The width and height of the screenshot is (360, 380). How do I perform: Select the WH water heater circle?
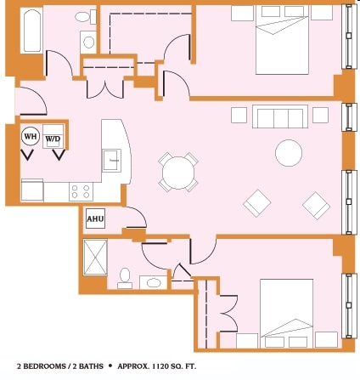click(x=30, y=136)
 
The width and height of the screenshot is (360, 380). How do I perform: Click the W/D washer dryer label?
click(x=53, y=139)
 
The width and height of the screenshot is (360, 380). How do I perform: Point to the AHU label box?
click(x=94, y=218)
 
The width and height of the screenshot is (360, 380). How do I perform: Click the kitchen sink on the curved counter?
click(x=112, y=159)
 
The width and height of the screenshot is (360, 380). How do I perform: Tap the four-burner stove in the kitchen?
click(x=81, y=191)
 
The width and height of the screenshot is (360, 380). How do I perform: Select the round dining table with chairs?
click(x=177, y=173)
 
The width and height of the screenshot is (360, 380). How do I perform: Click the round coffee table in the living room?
click(x=288, y=153)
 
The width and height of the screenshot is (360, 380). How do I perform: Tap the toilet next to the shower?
click(x=125, y=277)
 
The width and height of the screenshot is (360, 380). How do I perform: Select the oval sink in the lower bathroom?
click(x=153, y=281)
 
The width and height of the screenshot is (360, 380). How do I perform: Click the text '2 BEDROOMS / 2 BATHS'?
click(x=58, y=366)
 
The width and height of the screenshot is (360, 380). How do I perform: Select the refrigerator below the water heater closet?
click(x=31, y=190)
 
